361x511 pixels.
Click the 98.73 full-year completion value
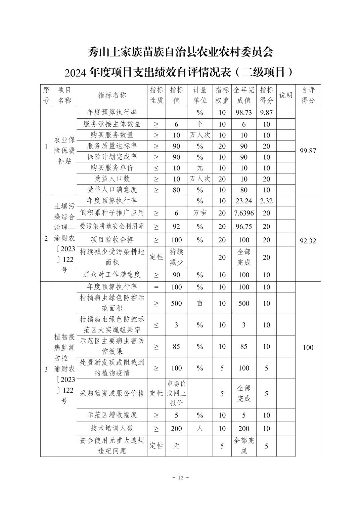[244, 113]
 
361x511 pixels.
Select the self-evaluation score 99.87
[308, 151]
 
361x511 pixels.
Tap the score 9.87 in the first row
[266, 113]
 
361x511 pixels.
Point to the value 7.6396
[244, 213]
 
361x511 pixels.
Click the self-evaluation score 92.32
[308, 241]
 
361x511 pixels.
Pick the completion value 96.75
[244, 227]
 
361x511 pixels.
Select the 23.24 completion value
[244, 201]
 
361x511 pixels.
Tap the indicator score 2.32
[266, 201]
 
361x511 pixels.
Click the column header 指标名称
[112, 95]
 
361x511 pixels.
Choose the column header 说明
[286, 95]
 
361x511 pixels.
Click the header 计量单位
[200, 95]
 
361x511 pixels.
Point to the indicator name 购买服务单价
[112, 168]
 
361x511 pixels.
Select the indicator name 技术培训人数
[112, 428]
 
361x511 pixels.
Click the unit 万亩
[200, 213]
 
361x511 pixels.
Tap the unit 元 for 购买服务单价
[200, 168]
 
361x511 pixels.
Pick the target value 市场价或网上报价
[176, 393]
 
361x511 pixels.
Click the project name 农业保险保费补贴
[64, 150]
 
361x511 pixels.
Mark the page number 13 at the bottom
[180, 478]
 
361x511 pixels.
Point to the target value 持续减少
[176, 257]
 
